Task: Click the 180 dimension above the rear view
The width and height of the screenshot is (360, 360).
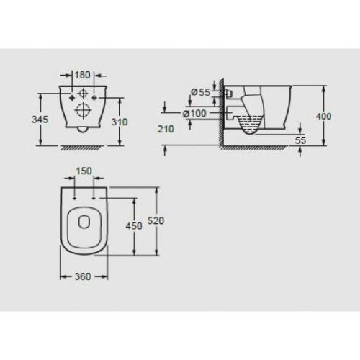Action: [83, 75]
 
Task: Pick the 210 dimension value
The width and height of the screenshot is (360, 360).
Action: [166, 130]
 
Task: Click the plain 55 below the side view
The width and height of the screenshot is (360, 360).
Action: [300, 140]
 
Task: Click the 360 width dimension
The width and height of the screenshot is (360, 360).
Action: [83, 276]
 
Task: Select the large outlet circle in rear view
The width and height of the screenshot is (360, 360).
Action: [84, 112]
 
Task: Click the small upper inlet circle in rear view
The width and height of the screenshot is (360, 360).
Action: [84, 93]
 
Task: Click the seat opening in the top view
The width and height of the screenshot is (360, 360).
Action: [83, 229]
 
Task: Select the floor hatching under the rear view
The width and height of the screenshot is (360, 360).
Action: [83, 148]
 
